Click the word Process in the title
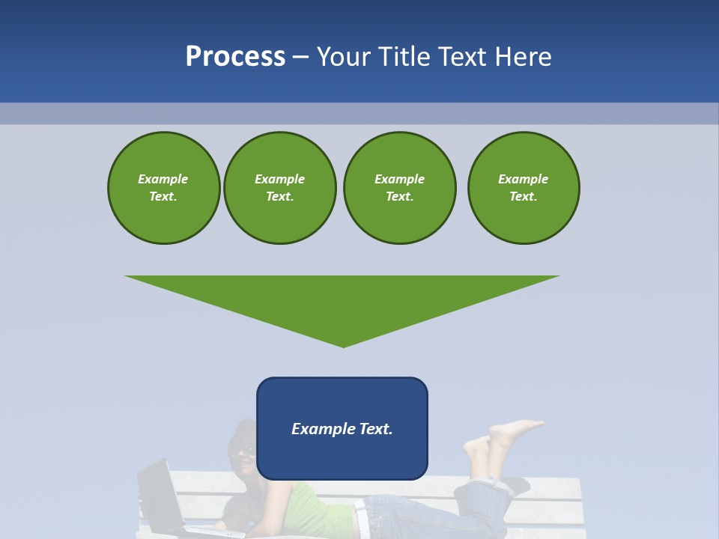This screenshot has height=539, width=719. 235,57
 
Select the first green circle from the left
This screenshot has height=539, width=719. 163,188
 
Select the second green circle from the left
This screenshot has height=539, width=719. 280,188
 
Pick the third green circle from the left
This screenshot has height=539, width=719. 399,188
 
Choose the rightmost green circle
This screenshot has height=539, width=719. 524,188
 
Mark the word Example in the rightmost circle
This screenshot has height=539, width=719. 524,179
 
